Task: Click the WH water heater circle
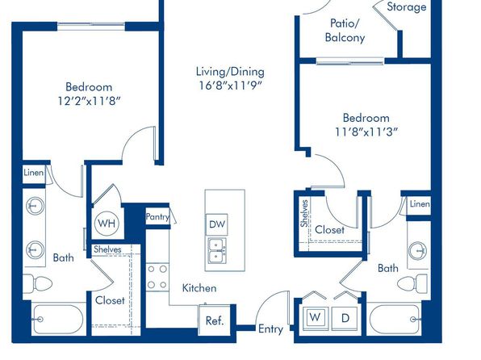click(107, 223)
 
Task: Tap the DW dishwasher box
click(217, 224)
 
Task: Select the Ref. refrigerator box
click(215, 320)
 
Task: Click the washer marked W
click(315, 318)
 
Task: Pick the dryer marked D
click(345, 318)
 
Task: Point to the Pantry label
click(157, 217)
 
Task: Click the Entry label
click(270, 329)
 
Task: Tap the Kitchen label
click(199, 288)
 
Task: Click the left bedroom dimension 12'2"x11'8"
click(89, 101)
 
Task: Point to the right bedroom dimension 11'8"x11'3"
click(366, 132)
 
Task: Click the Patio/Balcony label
click(345, 30)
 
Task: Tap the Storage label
click(407, 6)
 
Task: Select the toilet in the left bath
click(37, 283)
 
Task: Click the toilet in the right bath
click(412, 283)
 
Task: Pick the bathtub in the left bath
click(58, 319)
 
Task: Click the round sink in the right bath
click(417, 251)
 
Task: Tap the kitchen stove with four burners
click(157, 277)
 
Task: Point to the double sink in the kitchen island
click(217, 251)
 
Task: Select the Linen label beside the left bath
click(33, 173)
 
